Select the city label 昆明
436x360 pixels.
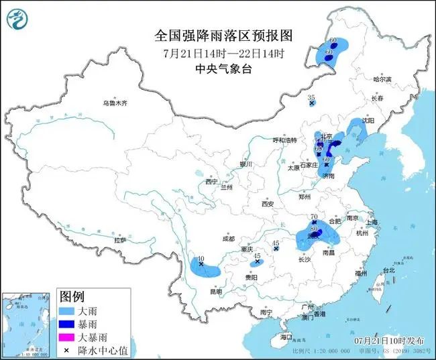[x=215, y=291]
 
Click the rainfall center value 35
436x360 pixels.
[x=311, y=98]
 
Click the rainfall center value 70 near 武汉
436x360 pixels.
[x=313, y=217]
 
